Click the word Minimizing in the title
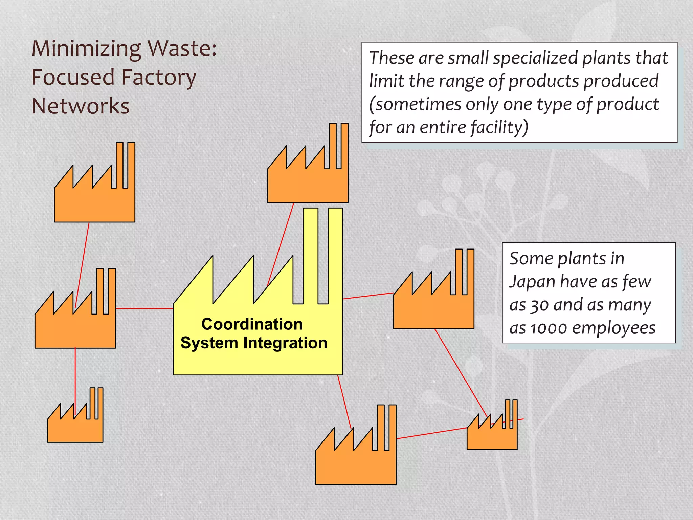tap(86, 49)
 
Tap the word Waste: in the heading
tap(182, 48)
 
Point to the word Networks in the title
tap(81, 106)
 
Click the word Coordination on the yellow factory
tap(252, 324)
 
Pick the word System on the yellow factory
tap(209, 343)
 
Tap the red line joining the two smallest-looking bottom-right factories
tap(431, 433)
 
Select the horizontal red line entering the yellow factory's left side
tap(144, 308)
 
